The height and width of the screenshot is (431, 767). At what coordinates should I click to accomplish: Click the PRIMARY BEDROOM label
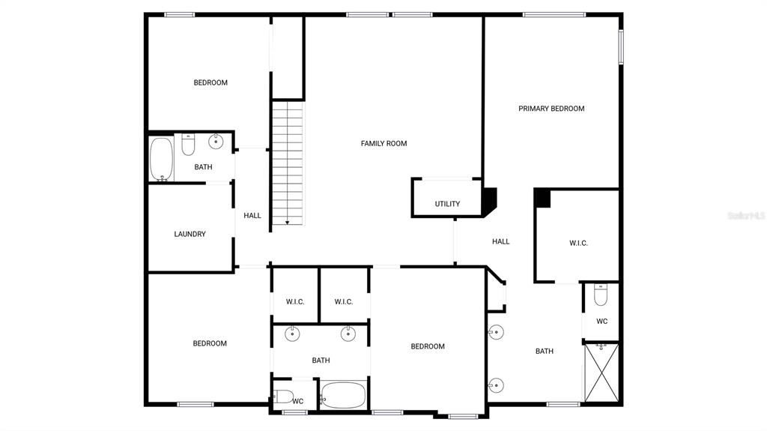(x=551, y=109)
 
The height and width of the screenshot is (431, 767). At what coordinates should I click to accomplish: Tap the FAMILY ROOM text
(x=384, y=143)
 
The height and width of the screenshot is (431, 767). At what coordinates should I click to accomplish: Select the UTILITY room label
(x=448, y=204)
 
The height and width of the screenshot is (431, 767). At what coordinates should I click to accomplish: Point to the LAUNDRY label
(x=190, y=234)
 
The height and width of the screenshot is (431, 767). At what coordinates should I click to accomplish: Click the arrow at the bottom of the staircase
(x=288, y=221)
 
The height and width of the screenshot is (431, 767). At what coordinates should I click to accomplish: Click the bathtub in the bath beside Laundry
(x=161, y=159)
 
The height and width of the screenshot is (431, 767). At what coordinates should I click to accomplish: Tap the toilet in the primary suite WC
(x=601, y=295)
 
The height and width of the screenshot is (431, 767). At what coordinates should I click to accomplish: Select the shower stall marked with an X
(x=601, y=373)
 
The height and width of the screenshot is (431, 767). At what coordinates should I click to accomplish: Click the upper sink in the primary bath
(x=496, y=332)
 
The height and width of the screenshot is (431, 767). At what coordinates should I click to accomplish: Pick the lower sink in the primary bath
(x=496, y=385)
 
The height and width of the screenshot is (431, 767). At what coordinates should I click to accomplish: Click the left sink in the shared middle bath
(x=292, y=334)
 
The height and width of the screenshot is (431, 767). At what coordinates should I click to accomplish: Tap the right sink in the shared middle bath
(x=348, y=334)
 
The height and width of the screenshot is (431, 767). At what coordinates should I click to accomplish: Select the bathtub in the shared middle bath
(x=343, y=395)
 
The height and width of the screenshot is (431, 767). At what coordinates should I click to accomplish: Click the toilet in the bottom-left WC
(x=283, y=397)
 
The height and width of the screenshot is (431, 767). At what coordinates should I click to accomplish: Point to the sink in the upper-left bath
(x=216, y=142)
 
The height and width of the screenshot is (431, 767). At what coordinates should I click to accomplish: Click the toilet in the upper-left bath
(x=188, y=145)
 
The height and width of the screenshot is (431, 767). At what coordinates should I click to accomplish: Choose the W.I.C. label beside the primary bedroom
(x=579, y=243)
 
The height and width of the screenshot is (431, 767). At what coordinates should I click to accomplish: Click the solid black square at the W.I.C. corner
(x=542, y=198)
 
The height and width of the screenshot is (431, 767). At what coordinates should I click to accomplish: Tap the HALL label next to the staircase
(x=252, y=216)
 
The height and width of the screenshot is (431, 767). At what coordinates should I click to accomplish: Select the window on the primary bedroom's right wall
(x=621, y=47)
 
